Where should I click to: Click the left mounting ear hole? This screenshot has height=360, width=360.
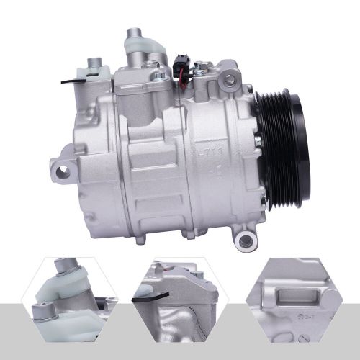coord(63,171)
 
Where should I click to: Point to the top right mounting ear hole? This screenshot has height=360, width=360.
coord(229,80)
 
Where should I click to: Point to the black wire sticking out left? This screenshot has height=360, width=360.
coord(71,82)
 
